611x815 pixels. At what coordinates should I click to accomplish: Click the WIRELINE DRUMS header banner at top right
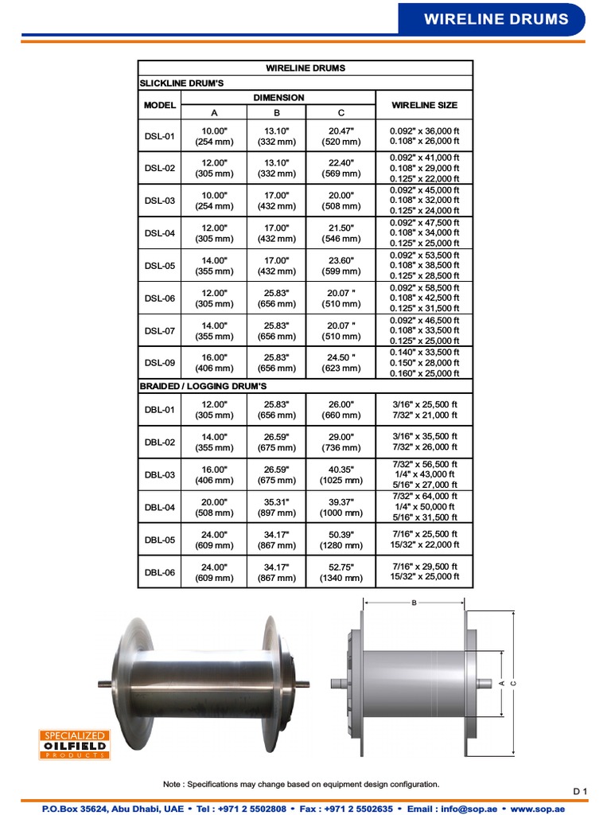[496, 19]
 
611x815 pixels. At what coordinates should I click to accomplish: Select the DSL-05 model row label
[159, 266]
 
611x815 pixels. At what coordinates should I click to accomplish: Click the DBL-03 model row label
[159, 474]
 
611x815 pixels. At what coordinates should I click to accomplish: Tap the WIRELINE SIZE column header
[424, 105]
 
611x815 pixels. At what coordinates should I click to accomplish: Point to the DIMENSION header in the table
[278, 98]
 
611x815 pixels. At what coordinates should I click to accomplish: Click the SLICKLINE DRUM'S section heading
[181, 82]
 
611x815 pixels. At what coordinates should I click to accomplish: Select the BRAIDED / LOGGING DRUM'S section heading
[203, 386]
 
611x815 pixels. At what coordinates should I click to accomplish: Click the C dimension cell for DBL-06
[341, 572]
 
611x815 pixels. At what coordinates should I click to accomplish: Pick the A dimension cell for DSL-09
[214, 363]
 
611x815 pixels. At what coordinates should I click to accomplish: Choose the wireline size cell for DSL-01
[424, 136]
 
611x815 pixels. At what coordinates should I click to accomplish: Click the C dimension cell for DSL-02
[341, 168]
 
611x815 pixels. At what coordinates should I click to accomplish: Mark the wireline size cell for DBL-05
[424, 540]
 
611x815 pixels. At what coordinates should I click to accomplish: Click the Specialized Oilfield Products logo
[73, 745]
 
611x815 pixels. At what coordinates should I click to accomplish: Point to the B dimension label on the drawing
[414, 602]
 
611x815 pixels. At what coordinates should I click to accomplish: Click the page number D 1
[579, 790]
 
